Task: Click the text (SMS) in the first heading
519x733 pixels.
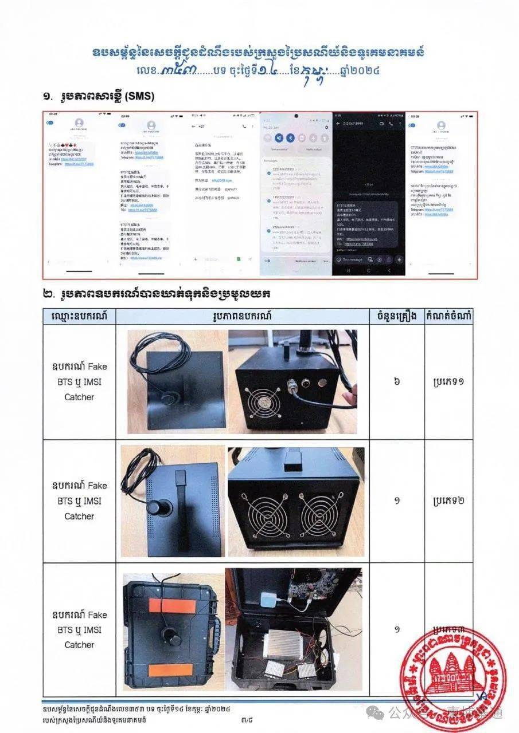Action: tap(138, 97)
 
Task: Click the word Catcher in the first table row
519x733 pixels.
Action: tap(79, 397)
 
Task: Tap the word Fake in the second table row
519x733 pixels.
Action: tap(97, 486)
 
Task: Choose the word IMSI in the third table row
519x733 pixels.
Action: tap(91, 629)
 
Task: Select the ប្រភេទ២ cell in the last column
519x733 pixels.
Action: tap(449, 500)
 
